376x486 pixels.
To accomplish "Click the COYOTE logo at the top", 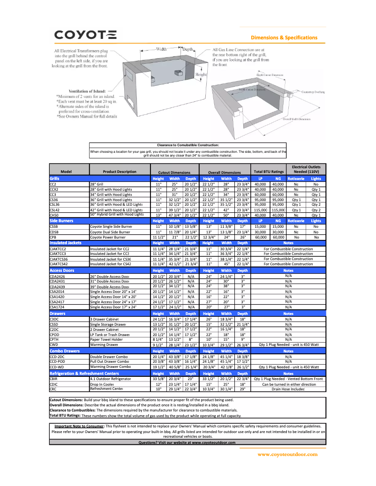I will pos(85,34).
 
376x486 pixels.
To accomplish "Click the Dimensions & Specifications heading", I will pos(284,37).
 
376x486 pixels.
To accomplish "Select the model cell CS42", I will pos(54,210).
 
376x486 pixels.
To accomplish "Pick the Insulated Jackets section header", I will pos(66,243).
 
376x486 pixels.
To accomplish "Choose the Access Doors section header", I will pos(62,270).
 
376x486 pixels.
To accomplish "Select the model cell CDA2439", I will pos(58,286).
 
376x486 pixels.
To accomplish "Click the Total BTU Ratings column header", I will pos(269,172).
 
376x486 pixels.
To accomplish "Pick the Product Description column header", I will pos(120,172).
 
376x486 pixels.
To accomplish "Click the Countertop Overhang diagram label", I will pos(314,92).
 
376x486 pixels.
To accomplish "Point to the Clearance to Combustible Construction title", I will pos(188,145).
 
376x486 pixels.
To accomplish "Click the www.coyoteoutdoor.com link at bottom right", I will pos(287,454).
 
